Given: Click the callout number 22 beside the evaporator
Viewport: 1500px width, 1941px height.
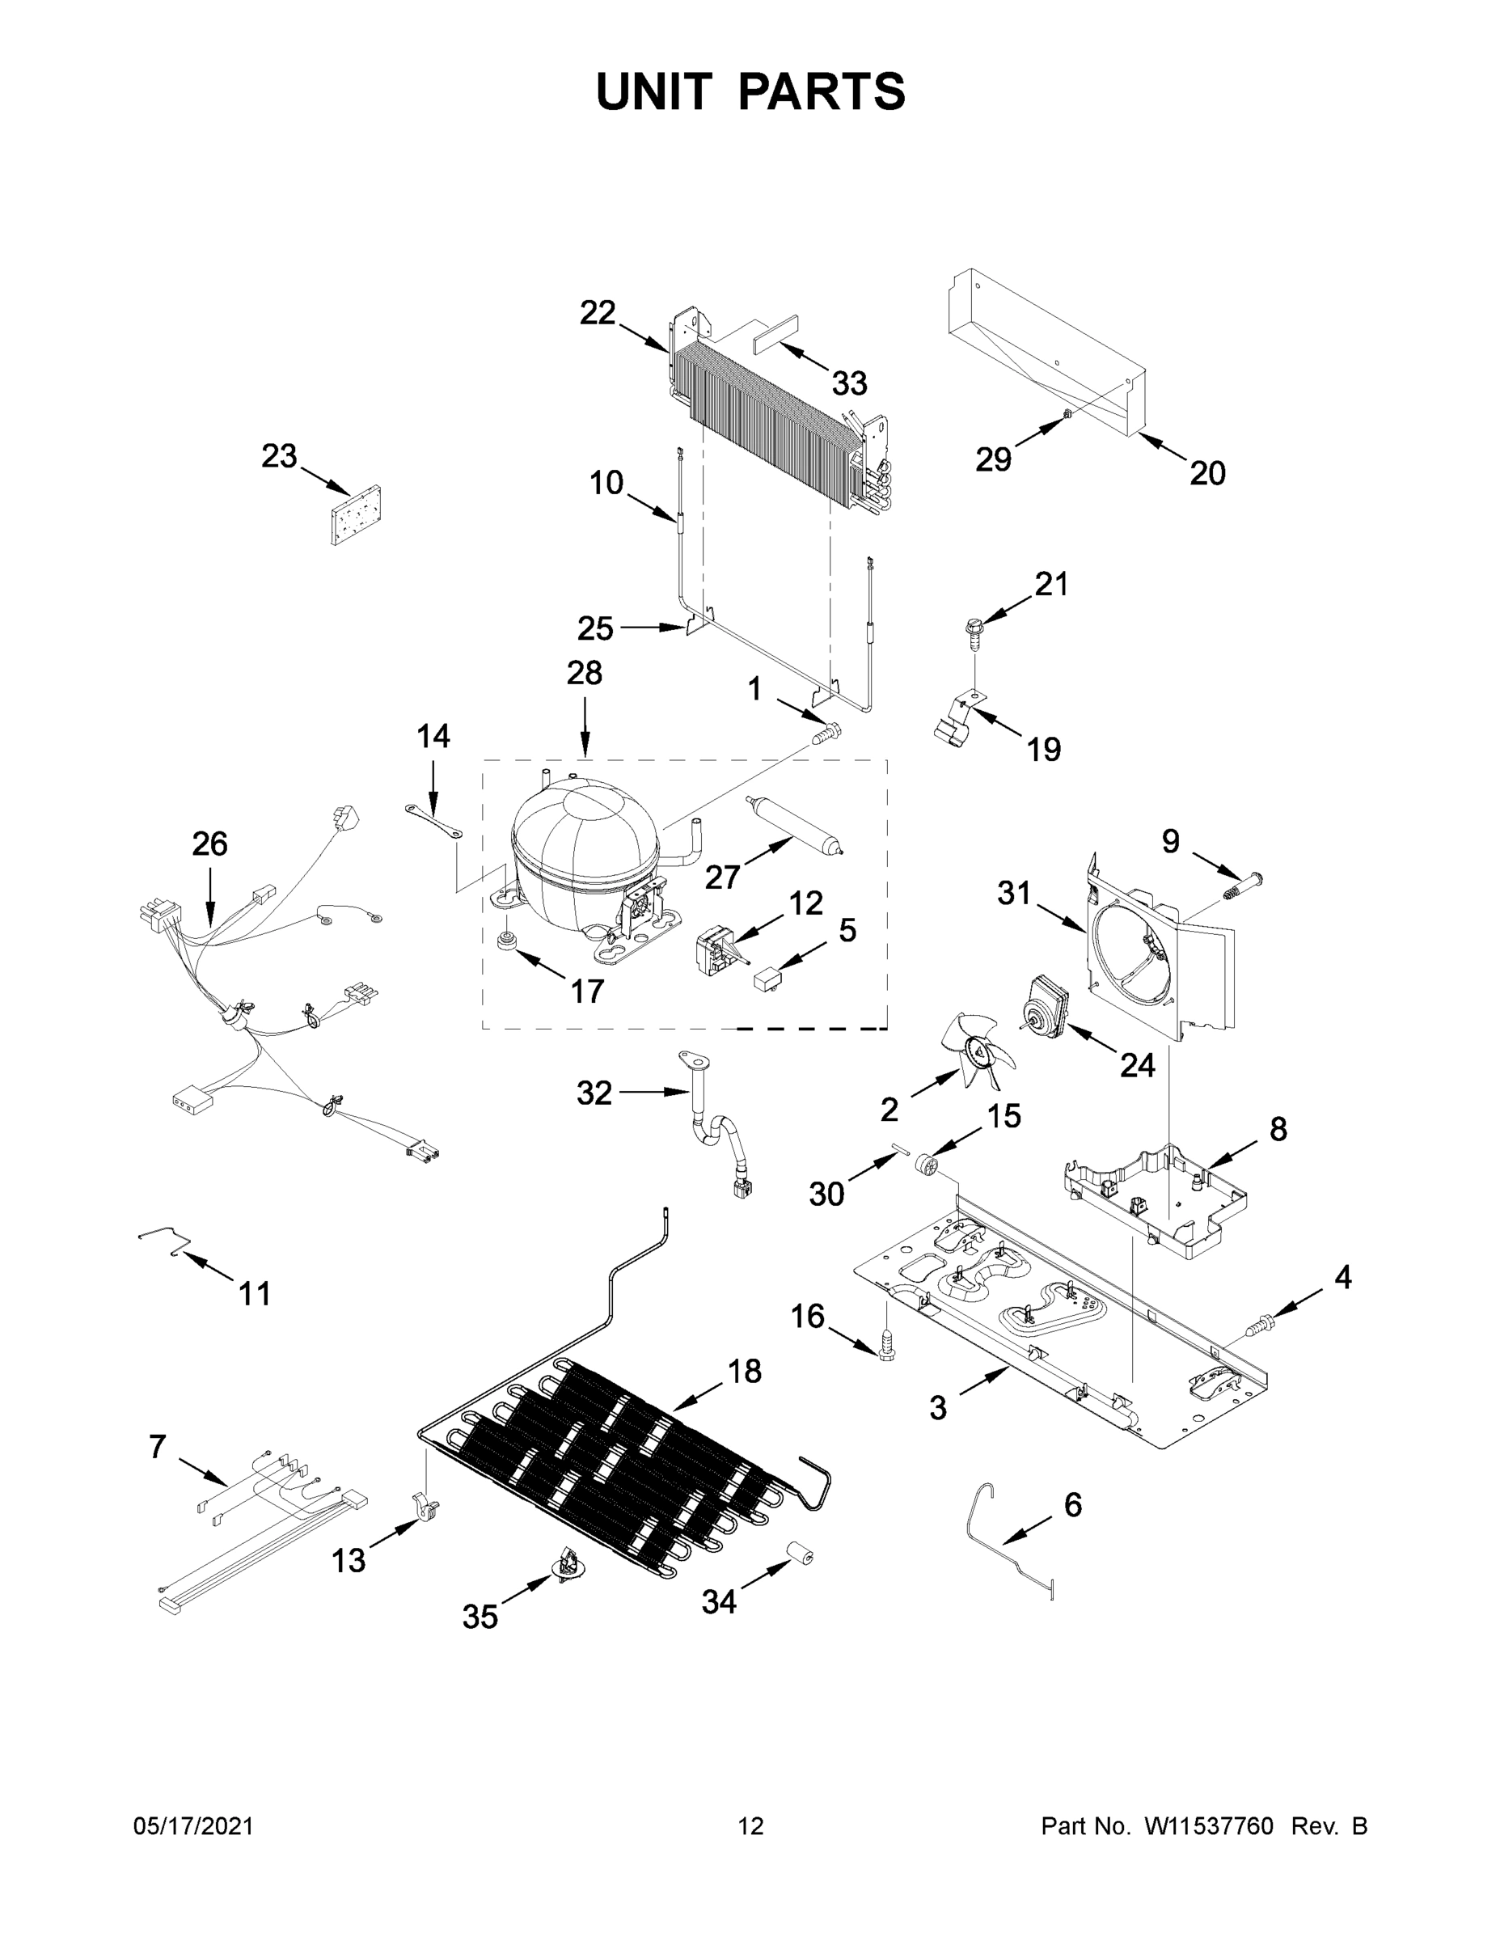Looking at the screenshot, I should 597,313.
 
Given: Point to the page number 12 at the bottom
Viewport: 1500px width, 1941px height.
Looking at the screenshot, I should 750,1826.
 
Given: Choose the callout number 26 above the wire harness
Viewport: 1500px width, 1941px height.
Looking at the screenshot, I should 209,844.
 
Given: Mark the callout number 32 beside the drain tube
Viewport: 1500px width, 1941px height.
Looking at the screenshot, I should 594,1093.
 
